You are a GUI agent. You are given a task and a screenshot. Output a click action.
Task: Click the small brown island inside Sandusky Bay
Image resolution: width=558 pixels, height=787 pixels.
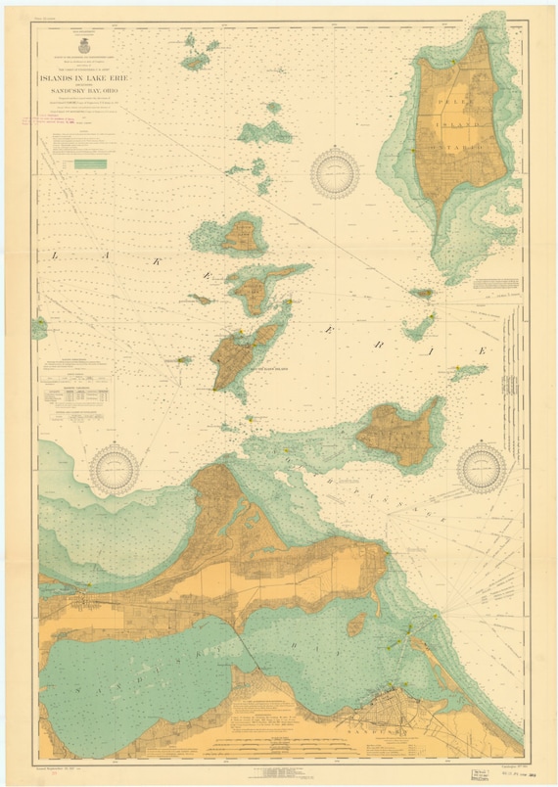357,625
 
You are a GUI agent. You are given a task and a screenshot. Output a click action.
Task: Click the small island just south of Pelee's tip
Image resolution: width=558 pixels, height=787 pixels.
421,293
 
